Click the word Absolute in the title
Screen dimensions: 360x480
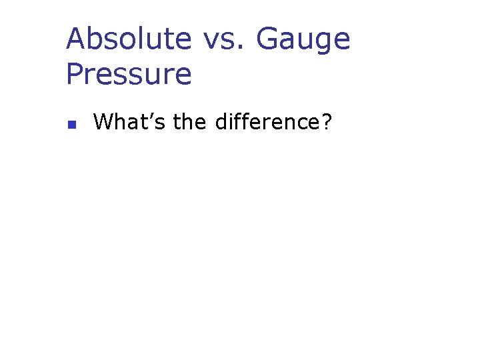(129, 39)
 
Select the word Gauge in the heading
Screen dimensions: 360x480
(303, 39)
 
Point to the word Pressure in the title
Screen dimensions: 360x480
(129, 74)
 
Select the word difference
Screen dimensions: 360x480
(267, 122)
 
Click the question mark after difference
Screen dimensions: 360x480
(326, 122)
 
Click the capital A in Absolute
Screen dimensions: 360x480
(77, 39)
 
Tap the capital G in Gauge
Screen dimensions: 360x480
(269, 39)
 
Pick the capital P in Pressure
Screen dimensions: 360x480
(75, 74)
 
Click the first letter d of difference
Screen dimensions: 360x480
(221, 122)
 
